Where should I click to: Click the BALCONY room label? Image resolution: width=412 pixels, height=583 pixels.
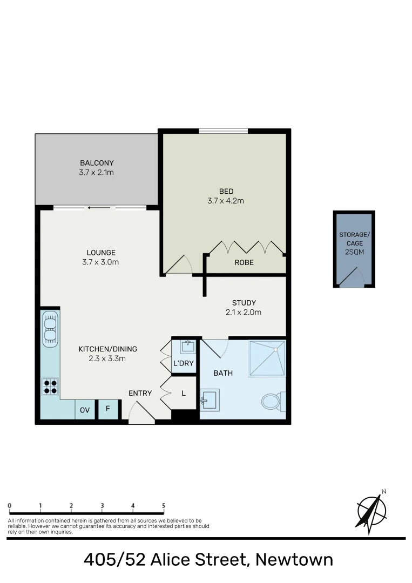point(97,163)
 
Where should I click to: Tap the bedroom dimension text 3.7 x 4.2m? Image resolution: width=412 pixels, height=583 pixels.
point(226,201)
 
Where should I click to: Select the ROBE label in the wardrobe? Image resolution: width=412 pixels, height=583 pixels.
point(244,263)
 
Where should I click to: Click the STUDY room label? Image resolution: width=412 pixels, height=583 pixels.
point(244,303)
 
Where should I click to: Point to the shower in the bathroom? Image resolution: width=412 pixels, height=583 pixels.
point(266,358)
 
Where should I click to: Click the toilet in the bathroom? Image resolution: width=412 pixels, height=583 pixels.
point(272,401)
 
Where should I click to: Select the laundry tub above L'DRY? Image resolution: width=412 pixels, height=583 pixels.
point(186,347)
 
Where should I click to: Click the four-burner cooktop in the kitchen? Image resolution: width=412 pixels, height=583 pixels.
point(50,386)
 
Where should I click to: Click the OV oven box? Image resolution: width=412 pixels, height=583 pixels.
point(85,410)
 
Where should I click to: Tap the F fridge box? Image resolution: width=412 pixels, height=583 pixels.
point(108,409)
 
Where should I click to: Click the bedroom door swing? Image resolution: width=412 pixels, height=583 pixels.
point(179,265)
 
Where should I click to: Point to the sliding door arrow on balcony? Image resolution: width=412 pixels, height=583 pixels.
point(97,207)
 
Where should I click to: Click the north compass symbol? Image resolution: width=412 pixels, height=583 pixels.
point(372,511)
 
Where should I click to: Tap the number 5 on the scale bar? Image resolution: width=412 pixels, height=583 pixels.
point(164,506)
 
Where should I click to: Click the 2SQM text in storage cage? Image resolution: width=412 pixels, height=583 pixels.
point(354,252)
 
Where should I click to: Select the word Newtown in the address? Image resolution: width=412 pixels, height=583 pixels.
point(294,559)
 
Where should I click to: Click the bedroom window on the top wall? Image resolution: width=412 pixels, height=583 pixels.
point(223,130)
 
